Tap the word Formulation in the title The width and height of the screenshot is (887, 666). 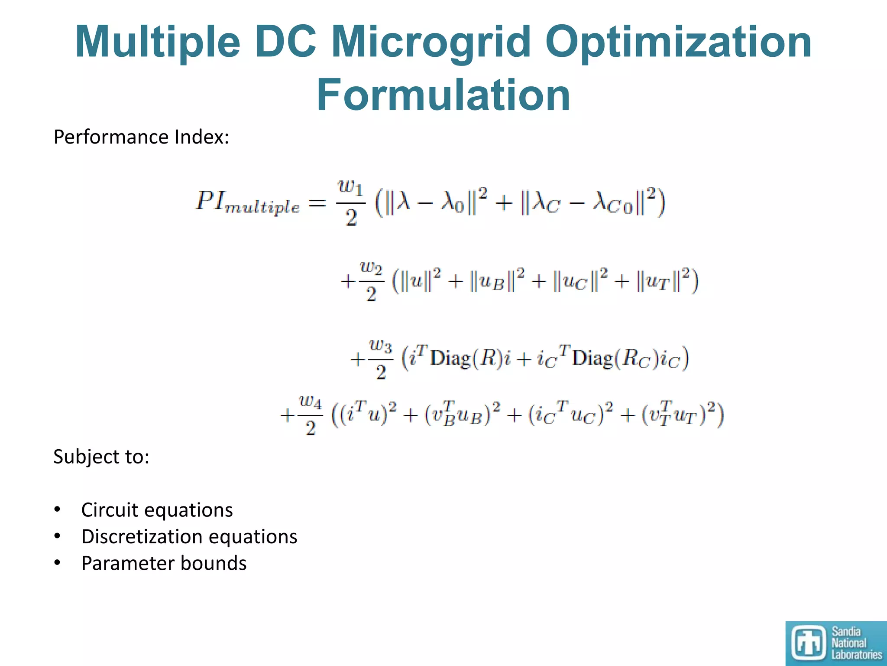(x=443, y=95)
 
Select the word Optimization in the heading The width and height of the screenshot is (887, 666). (x=678, y=42)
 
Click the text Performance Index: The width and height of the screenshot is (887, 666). (x=141, y=137)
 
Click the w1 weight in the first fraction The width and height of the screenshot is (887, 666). (x=350, y=187)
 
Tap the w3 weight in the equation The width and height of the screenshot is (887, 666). (x=381, y=346)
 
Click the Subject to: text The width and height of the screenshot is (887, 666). (x=101, y=457)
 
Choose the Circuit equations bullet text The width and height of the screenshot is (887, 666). (x=157, y=510)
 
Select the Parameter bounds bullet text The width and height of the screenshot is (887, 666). (x=164, y=564)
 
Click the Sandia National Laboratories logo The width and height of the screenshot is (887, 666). (x=836, y=643)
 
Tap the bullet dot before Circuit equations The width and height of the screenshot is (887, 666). (x=57, y=509)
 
